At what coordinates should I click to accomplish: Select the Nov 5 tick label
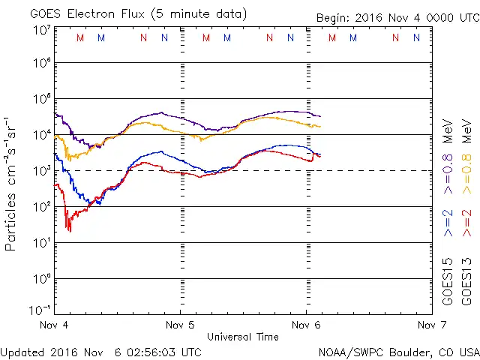click(x=180, y=325)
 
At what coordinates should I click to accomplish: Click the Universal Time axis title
click(x=243, y=337)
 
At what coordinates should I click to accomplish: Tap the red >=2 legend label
click(x=469, y=222)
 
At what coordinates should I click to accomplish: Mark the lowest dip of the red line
click(x=70, y=231)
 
